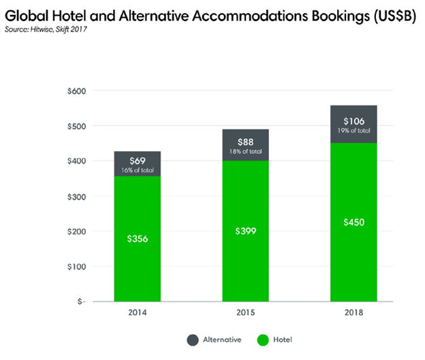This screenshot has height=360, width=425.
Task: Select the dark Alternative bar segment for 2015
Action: tap(245, 145)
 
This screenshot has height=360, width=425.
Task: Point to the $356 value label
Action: tap(137, 239)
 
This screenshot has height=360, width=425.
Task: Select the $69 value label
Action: tap(137, 161)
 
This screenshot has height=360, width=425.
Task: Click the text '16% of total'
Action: tap(137, 170)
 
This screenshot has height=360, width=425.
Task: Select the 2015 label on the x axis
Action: tap(245, 314)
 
